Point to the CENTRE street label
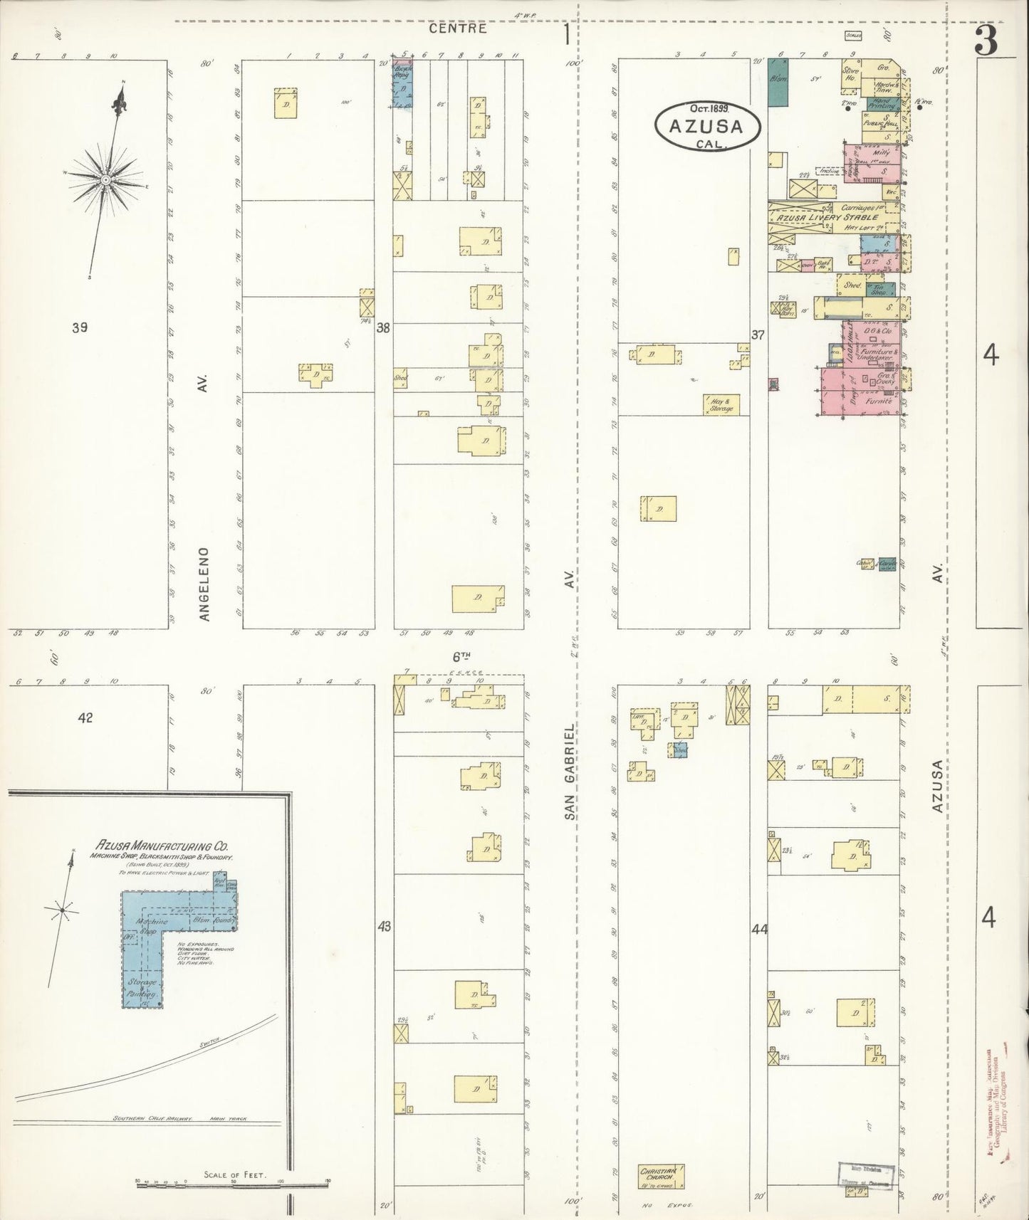[x=459, y=29]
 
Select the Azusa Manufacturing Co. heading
[x=163, y=846]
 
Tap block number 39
[x=80, y=328]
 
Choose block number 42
[x=85, y=718]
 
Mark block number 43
[x=385, y=927]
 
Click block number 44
[x=759, y=928]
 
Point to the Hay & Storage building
[x=721, y=405]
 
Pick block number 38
[x=384, y=328]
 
